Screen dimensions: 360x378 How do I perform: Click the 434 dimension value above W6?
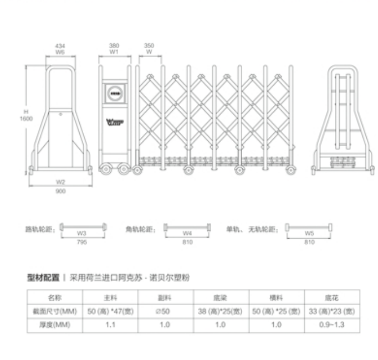tap(60, 45)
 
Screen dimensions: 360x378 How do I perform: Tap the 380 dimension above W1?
tap(114, 45)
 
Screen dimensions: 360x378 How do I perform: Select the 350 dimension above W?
tap(149, 45)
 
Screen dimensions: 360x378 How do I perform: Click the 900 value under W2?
tap(60, 191)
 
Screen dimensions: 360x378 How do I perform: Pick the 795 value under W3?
tap(82, 241)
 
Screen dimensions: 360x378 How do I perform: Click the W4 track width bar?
tap(187, 227)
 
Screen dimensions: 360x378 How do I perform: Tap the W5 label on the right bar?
tap(309, 233)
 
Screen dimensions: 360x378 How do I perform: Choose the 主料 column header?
tap(110, 297)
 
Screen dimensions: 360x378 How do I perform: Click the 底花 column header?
tap(331, 297)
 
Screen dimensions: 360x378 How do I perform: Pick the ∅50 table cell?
tap(165, 311)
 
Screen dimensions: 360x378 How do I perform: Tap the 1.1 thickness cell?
tap(110, 325)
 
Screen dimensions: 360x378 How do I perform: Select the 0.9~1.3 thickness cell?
tap(331, 325)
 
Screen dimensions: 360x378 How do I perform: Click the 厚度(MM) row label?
tap(54, 325)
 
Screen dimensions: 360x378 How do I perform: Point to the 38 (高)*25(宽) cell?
tap(220, 311)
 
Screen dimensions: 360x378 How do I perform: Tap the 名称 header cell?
tap(54, 297)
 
